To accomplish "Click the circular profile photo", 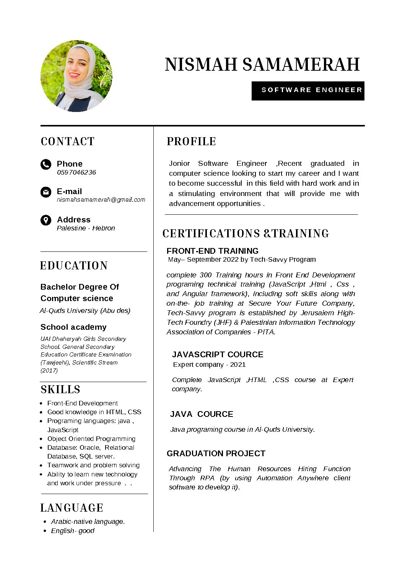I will click(x=76, y=76).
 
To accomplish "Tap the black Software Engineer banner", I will click(x=308, y=91).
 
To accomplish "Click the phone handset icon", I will click(x=46, y=165).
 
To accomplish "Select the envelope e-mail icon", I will click(x=46, y=192).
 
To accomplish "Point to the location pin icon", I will click(x=46, y=220).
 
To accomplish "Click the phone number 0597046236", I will click(x=76, y=173).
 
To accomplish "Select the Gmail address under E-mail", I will click(x=101, y=200).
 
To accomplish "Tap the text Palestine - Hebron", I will click(x=86, y=228).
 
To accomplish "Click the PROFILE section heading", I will click(x=191, y=142).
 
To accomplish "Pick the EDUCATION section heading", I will click(x=74, y=266).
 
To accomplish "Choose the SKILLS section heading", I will click(x=60, y=390).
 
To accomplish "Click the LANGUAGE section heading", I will click(x=72, y=508).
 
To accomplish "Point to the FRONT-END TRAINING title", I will click(x=212, y=251).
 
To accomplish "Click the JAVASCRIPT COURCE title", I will click(x=218, y=355).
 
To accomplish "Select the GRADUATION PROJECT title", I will click(x=216, y=454).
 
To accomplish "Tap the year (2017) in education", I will click(x=49, y=371).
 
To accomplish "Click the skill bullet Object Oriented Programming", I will click(x=91, y=439).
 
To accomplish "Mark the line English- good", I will click(x=73, y=531).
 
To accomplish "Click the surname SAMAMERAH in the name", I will click(x=301, y=65).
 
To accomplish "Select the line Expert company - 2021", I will click(x=209, y=365).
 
